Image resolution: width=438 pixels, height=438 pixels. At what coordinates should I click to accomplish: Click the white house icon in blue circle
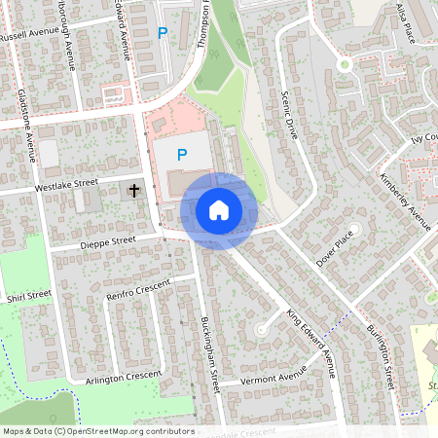219,210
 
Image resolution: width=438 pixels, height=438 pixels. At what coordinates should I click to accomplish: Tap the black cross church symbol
133,191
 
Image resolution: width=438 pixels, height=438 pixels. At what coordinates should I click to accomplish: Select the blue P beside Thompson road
163,33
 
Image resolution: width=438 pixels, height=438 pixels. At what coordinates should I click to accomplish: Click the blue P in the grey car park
181,153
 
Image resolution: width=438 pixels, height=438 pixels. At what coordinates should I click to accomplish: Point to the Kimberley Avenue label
406,200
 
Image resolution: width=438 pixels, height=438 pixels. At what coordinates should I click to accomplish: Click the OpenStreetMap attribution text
98,431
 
